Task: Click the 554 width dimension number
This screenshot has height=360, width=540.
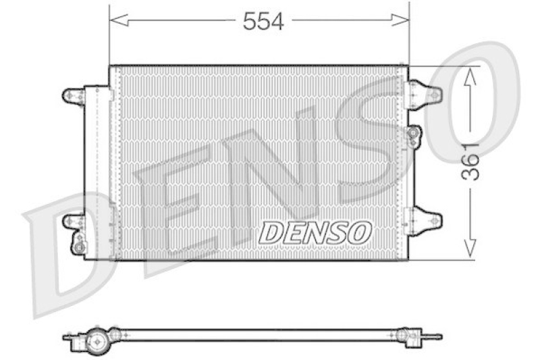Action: tap(263, 21)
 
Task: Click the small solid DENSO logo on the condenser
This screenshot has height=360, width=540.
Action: tap(315, 233)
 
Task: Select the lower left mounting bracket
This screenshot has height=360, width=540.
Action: tap(73, 221)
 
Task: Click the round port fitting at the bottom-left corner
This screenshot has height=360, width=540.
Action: tap(80, 247)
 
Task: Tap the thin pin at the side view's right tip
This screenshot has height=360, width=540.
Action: tap(435, 336)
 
